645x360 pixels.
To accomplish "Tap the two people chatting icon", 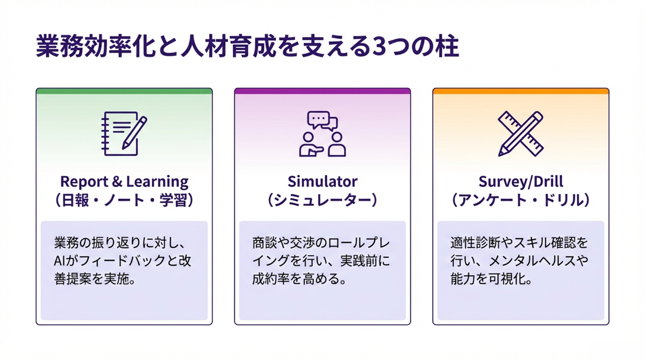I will click(322, 134).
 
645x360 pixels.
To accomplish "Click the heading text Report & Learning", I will click(124, 182).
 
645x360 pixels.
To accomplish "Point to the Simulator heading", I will click(322, 182).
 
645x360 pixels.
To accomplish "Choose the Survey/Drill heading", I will click(520, 182).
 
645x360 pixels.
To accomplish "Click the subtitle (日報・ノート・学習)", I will click(124, 200).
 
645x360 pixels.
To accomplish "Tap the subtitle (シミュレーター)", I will click(322, 200).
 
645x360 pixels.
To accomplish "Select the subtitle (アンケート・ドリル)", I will click(520, 200).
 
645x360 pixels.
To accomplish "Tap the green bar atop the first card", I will click(124, 91).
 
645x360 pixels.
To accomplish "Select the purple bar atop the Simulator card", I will click(322, 91).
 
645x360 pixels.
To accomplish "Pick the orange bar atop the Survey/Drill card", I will click(520, 91).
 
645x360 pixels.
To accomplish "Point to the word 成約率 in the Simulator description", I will click(274, 279).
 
